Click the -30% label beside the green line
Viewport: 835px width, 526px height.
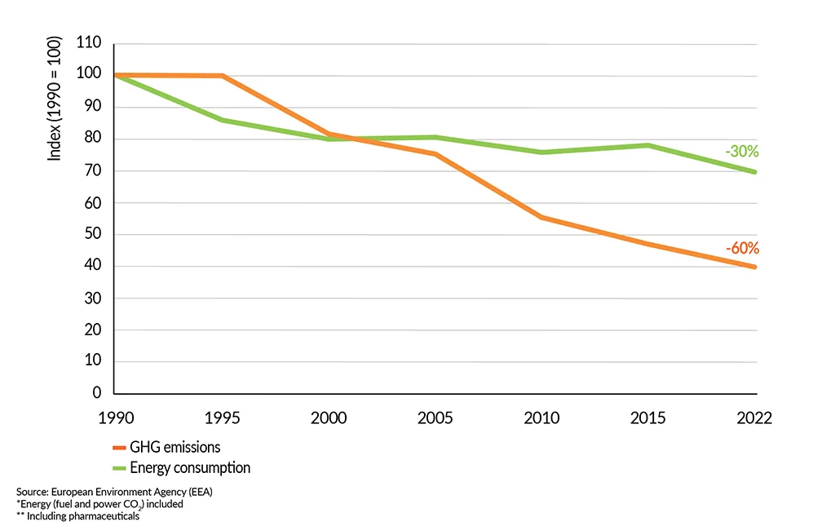tap(741, 151)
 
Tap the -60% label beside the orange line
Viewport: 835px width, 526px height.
tap(741, 248)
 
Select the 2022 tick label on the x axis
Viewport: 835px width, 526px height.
tap(753, 418)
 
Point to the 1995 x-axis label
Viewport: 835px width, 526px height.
tap(223, 418)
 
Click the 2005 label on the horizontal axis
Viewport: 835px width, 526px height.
tap(435, 418)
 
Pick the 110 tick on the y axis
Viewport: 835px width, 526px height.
tap(88, 43)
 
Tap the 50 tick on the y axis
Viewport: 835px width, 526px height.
tap(94, 235)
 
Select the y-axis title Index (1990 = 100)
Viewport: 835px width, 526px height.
tap(55, 98)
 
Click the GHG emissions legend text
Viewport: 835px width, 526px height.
tap(175, 447)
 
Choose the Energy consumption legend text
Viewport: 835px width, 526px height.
tap(190, 468)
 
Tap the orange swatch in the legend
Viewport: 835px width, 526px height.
tap(119, 448)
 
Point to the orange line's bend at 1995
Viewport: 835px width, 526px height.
tap(222, 76)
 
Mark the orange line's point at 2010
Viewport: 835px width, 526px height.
tap(541, 217)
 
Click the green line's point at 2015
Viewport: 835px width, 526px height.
tap(648, 145)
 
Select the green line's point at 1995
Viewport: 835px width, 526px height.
tap(222, 120)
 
